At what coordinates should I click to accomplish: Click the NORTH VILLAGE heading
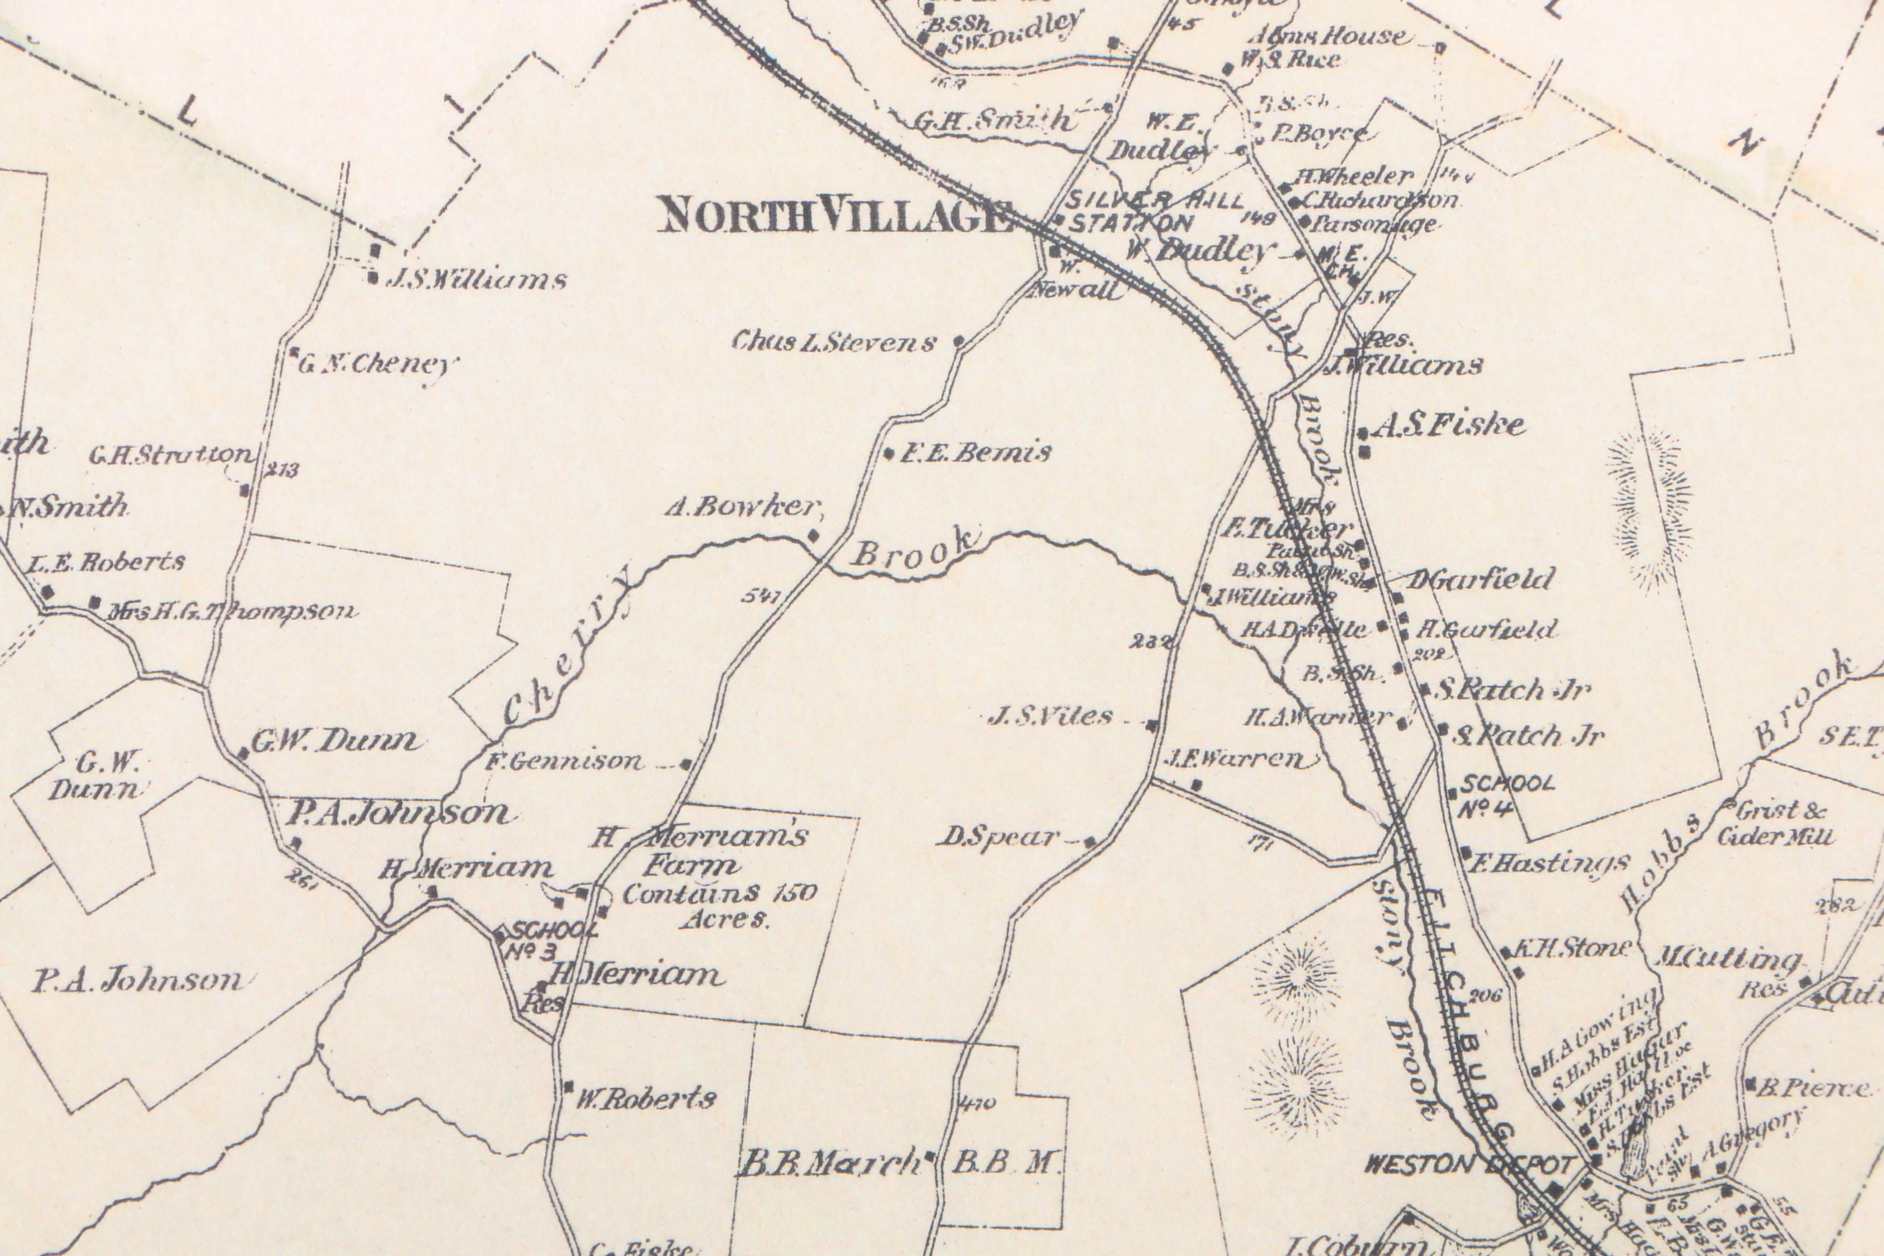(x=833, y=216)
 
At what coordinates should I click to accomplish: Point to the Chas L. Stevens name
(x=833, y=343)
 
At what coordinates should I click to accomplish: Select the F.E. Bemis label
(x=976, y=454)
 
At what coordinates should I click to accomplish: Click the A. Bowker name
(x=743, y=507)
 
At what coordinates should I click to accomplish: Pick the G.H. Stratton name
(x=170, y=456)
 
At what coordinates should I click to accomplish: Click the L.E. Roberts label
(x=106, y=562)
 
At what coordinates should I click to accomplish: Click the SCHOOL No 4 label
(x=1506, y=795)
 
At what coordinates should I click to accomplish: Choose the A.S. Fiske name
(x=1448, y=426)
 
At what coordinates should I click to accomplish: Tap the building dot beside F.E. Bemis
(x=889, y=454)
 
